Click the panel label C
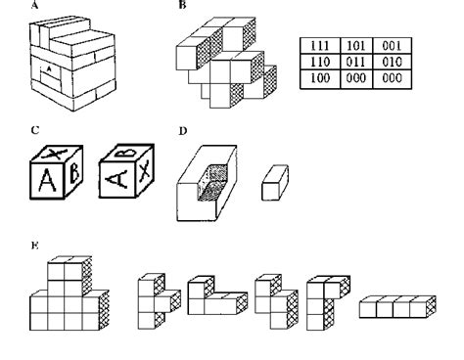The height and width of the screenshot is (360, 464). pyautogui.click(x=35, y=129)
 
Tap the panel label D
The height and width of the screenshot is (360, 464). pyautogui.click(x=183, y=129)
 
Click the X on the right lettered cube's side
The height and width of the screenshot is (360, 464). pyautogui.click(x=146, y=172)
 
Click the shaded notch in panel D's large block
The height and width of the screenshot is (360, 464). pyautogui.click(x=213, y=182)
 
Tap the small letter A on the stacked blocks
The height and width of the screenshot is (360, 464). pyautogui.click(x=48, y=70)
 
